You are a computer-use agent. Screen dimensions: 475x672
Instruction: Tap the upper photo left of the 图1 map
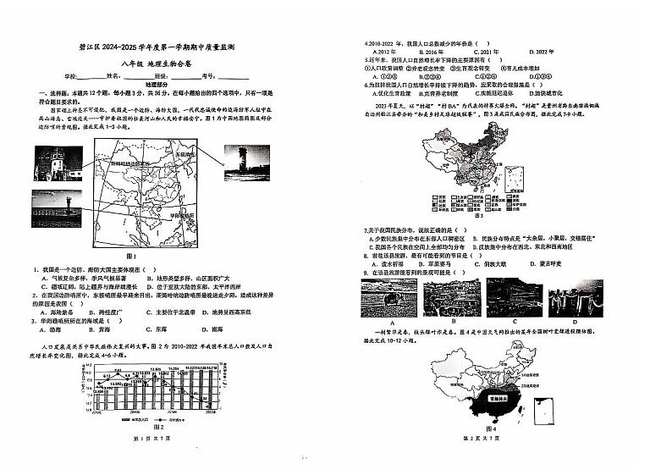[58, 158]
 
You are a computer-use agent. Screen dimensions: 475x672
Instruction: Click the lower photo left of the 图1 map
[58, 206]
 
